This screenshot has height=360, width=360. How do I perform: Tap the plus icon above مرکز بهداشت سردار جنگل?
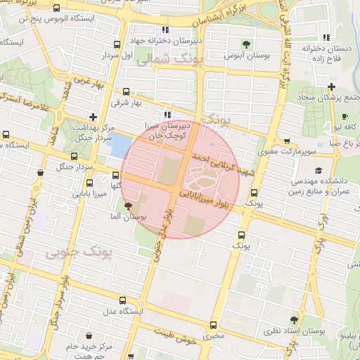pyautogui.click(x=93, y=117)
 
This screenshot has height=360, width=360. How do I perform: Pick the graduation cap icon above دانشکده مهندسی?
pyautogui.click(x=319, y=170)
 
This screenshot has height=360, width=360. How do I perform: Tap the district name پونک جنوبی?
pyautogui.click(x=72, y=252)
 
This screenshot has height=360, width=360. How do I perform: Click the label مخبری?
pyautogui.click(x=213, y=336)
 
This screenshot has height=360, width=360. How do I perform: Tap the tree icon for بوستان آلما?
pyautogui.click(x=127, y=207)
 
